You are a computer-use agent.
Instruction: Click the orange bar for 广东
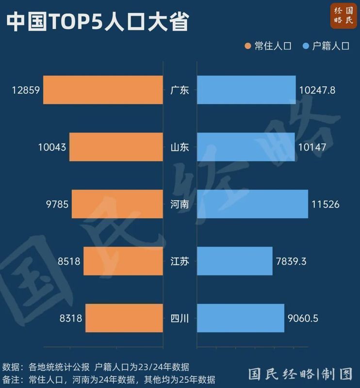[103, 90]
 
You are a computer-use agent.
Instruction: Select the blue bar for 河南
[252, 204]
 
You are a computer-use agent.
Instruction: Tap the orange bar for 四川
[124, 318]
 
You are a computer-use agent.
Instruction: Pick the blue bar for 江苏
[235, 261]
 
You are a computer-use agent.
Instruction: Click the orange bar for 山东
[116, 147]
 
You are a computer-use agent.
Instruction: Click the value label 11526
[326, 204]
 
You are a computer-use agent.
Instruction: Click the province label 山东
[180, 147]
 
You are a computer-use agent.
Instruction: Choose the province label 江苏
[180, 261]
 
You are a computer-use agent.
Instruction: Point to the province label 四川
[180, 319]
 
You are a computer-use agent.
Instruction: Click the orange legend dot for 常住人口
[248, 47]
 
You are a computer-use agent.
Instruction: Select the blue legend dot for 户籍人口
[306, 47]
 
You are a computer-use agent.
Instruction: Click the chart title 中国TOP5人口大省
[98, 22]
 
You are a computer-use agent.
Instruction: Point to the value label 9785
[57, 204]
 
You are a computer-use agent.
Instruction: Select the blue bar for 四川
[241, 318]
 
